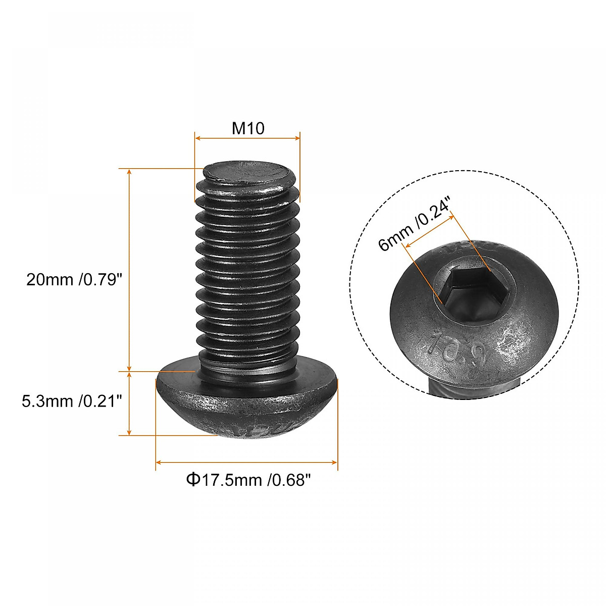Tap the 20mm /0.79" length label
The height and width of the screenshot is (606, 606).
point(75,279)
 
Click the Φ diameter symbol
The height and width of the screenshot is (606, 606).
point(193,479)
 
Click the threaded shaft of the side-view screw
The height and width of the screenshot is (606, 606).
point(246,273)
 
